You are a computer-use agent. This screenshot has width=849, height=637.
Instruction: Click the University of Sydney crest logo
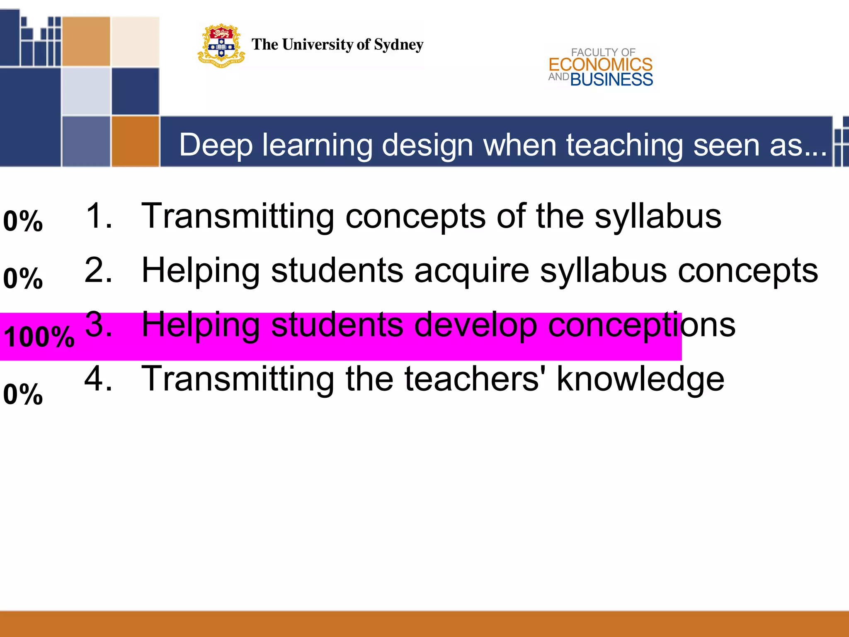pos(221,45)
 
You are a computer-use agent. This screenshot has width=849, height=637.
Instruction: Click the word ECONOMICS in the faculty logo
pos(600,65)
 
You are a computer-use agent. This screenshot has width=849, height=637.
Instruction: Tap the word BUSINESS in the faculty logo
pos(611,80)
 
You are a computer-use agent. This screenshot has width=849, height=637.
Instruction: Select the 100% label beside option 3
pos(39,336)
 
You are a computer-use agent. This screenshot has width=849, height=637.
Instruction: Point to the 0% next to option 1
pos(23,221)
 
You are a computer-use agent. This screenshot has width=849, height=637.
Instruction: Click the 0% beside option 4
pos(23,394)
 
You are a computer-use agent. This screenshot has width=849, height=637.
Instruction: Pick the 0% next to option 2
pos(23,278)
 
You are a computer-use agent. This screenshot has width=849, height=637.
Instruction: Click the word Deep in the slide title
pos(216,145)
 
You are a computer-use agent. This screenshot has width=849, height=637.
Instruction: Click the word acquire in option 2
pos(472,270)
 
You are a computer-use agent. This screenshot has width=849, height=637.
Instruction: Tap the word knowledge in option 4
pos(640,379)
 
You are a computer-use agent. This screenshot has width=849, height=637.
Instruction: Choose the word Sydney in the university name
pos(398,45)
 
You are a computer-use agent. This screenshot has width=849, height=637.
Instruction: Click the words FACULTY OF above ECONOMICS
pos(603,52)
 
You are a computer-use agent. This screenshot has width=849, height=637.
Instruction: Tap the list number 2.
pos(98,270)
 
